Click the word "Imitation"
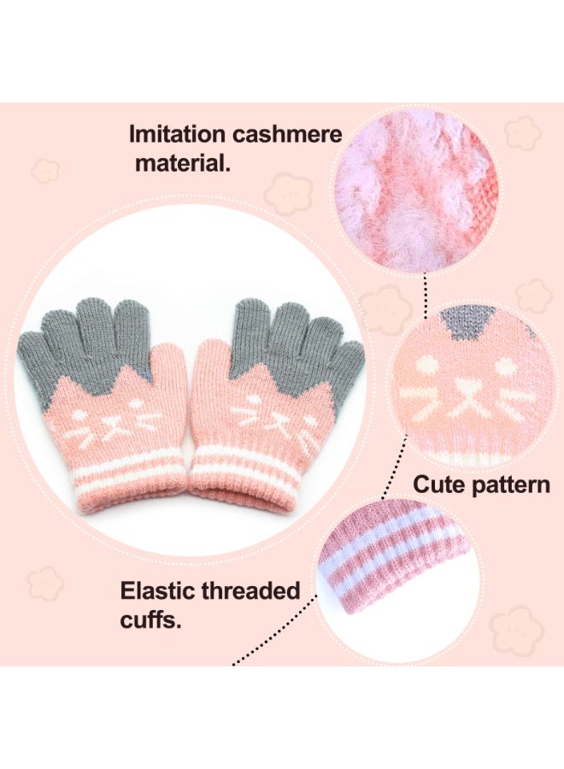tap(178, 134)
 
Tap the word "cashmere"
tap(287, 134)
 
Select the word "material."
tap(182, 162)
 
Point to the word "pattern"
tap(506, 485)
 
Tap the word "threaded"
tap(250, 591)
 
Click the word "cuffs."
tap(150, 620)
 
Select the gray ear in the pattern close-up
tap(460, 322)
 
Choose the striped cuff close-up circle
tap(398, 578)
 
